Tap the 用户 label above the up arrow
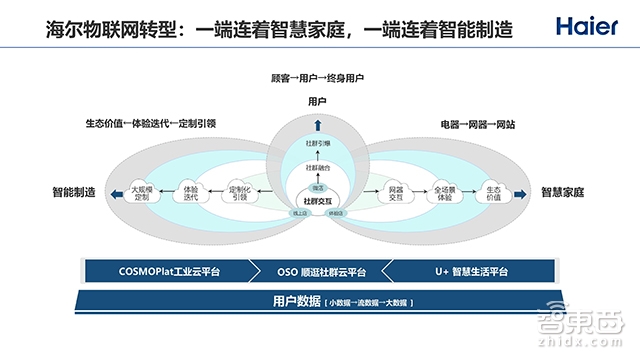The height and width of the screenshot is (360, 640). tap(317, 101)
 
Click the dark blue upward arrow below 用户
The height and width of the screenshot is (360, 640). tap(317, 124)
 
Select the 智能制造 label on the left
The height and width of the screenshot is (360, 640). tap(74, 191)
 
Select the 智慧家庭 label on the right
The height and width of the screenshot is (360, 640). tap(562, 191)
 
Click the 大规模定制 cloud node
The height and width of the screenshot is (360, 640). tap(140, 191)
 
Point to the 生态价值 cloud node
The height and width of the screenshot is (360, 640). tap(493, 191)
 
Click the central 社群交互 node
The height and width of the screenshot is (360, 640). tap(317, 199)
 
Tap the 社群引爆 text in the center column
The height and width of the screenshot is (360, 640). tap(317, 145)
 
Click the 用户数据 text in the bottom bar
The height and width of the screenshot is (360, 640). tap(296, 301)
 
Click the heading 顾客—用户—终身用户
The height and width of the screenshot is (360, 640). tap(317, 77)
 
